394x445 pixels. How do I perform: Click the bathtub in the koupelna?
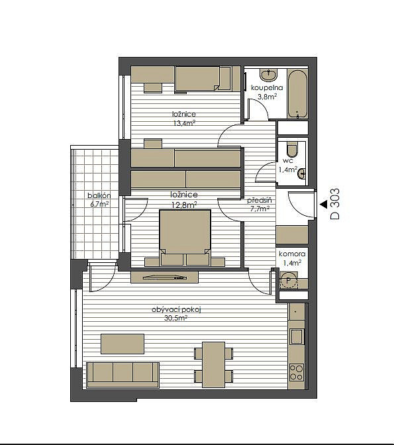pos(297,94)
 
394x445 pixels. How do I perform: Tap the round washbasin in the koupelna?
pos(268,75)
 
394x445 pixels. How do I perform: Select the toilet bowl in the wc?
pos(292,149)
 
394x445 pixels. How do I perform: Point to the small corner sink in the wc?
pos(302,173)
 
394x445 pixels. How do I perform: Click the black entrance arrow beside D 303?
pos(323,204)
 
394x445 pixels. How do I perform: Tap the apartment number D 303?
pos(335,204)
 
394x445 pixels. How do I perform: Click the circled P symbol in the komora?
pos(289,281)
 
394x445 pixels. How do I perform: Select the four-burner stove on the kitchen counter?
pos(297,372)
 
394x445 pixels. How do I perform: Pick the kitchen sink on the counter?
pos(297,336)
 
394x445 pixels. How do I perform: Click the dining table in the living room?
pos(213,364)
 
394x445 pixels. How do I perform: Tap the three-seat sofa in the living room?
pos(123,375)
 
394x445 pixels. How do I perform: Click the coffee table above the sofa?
pos(123,344)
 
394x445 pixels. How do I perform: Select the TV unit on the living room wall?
pos(164,277)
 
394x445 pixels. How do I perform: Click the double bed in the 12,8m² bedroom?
pos(185,238)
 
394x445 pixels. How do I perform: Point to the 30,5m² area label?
pos(175,319)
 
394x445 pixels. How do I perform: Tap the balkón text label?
pos(99,195)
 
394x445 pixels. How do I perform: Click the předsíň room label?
pos(259,200)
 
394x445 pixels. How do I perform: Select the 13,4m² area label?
pos(184,123)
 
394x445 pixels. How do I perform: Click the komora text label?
pos(292,254)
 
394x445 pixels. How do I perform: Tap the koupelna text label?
pos(267,87)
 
